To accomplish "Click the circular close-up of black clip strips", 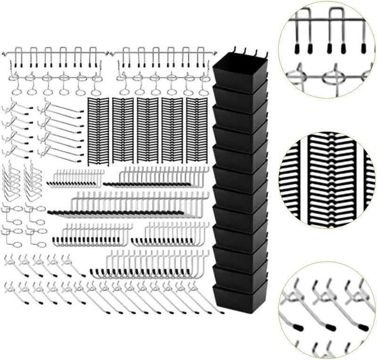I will [x=327, y=181].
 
